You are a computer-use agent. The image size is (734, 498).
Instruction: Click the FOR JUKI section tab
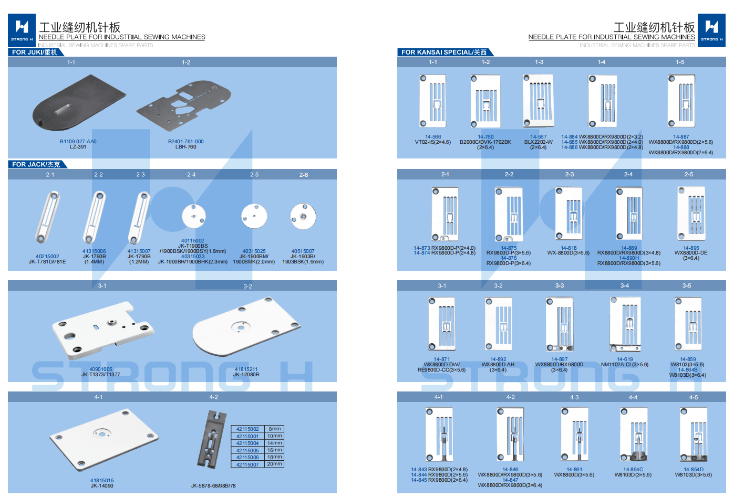(x=35, y=52)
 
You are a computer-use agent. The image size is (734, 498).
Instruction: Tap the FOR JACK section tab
(x=36, y=165)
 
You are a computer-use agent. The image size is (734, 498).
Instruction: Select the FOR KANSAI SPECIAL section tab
(x=444, y=52)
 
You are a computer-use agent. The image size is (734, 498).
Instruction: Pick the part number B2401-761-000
(x=185, y=142)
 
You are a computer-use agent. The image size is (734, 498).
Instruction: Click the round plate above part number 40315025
(x=254, y=216)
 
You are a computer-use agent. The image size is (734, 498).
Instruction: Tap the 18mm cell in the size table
(x=274, y=458)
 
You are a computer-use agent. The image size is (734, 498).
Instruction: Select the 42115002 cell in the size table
(x=247, y=429)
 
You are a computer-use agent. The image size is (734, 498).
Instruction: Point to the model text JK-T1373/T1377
(x=100, y=375)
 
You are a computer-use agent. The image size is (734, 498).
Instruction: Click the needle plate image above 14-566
(x=433, y=101)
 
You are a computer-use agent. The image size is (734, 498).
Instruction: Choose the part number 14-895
(x=691, y=248)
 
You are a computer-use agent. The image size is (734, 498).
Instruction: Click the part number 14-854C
(x=633, y=470)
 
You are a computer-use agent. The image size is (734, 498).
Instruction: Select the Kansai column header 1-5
(x=680, y=62)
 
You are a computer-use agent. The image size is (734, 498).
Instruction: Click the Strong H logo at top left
(x=22, y=30)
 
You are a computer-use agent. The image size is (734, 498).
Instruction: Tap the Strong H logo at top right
(x=712, y=30)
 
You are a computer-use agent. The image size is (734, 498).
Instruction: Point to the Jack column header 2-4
(x=191, y=175)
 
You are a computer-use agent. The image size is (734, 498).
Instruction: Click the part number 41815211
(x=246, y=369)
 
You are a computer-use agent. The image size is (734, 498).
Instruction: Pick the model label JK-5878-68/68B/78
(x=213, y=486)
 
